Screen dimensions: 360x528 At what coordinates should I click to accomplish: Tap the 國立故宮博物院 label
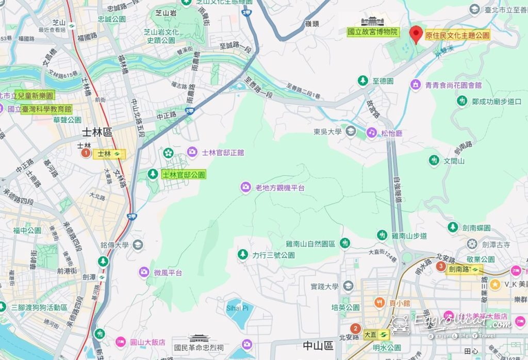[x=373, y=32]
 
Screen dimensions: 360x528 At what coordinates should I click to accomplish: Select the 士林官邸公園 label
[x=184, y=175]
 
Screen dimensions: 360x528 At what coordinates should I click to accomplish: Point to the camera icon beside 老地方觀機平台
[x=246, y=187]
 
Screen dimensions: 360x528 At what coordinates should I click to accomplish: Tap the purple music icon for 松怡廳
[x=371, y=133]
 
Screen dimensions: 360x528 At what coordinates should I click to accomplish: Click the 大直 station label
[x=375, y=334]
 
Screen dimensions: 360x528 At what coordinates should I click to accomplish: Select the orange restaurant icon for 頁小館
[x=379, y=303]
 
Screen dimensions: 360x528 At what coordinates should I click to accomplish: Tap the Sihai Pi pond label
[x=237, y=308]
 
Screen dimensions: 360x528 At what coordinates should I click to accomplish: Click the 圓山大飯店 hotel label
[x=147, y=342]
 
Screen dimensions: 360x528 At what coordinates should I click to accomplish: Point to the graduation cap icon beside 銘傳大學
[x=138, y=244]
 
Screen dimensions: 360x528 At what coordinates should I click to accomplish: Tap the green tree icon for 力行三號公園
[x=242, y=255]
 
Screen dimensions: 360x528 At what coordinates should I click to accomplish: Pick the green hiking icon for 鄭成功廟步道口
[x=461, y=102]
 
